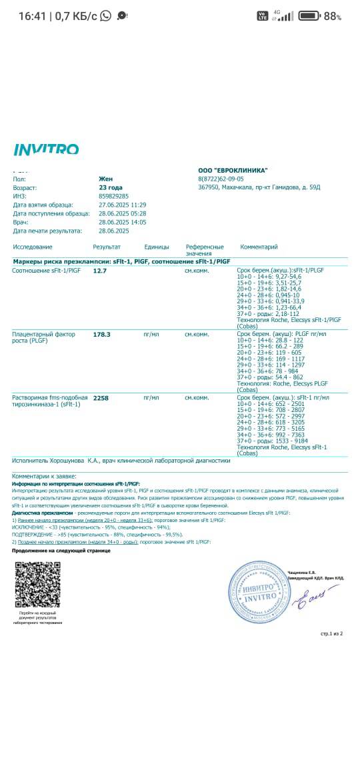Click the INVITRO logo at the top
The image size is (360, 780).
[x=46, y=149]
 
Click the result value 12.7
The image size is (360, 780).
[x=100, y=271]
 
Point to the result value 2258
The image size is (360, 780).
[x=101, y=398]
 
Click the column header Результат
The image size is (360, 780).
[x=107, y=247]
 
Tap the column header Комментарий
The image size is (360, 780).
[x=259, y=247]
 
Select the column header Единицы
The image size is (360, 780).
[x=157, y=247]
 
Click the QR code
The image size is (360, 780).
[x=37, y=585]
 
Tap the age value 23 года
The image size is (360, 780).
[x=111, y=188]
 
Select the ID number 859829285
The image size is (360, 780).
[x=113, y=197]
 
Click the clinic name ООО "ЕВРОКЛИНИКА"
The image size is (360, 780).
[x=233, y=171]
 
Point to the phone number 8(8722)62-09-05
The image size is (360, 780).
[x=221, y=179]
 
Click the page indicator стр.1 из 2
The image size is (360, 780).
[x=331, y=633]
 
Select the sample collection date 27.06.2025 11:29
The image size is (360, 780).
[x=122, y=205]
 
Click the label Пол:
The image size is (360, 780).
[x=19, y=179]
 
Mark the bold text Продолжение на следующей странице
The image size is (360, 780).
[x=61, y=551]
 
